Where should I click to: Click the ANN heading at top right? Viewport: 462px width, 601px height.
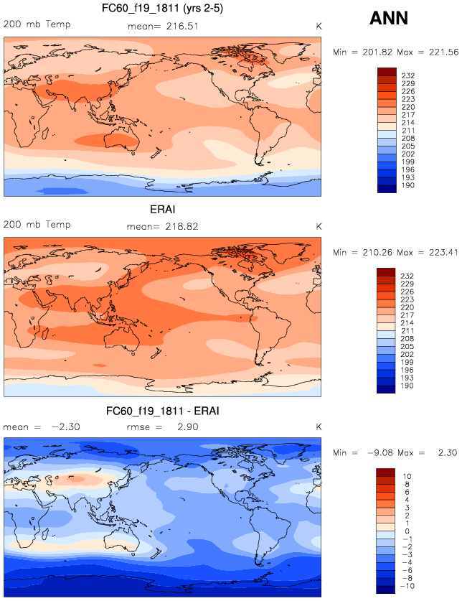coord(389,19)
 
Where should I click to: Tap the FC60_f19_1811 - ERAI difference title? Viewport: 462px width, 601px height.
coord(162,411)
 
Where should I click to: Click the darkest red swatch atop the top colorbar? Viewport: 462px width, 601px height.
coord(387,70)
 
